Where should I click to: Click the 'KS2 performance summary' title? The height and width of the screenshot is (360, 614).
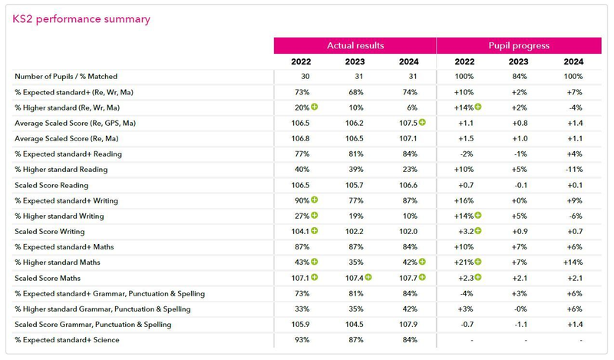click(x=81, y=19)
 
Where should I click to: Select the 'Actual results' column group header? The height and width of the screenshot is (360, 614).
click(x=355, y=45)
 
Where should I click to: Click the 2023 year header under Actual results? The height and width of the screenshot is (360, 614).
click(x=355, y=61)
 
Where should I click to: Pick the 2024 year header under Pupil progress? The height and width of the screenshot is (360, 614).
click(x=573, y=61)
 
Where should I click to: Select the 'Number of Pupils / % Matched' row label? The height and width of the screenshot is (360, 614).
click(x=67, y=77)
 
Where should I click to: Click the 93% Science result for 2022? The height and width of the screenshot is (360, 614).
click(x=302, y=340)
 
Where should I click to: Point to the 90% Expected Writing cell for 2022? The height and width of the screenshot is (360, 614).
click(x=300, y=200)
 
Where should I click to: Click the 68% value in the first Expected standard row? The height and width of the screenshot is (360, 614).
click(x=355, y=92)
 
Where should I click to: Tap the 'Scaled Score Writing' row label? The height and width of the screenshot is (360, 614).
click(x=48, y=232)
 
